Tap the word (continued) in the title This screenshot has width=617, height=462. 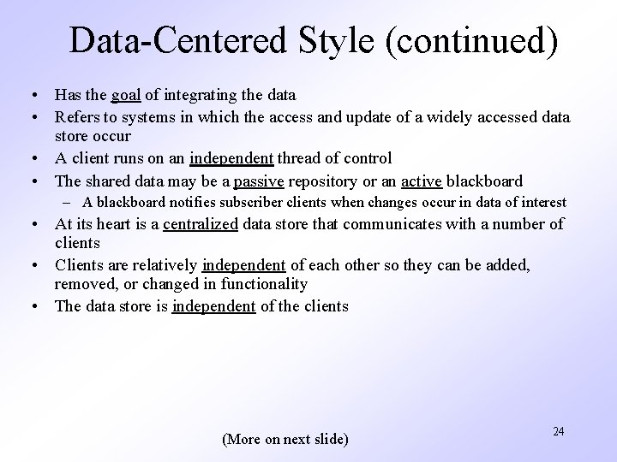tap(472, 41)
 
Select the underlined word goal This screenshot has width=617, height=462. tap(126, 93)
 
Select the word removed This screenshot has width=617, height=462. tap(82, 283)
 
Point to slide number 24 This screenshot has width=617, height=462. tap(558, 431)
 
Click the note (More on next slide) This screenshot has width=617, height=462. tap(285, 440)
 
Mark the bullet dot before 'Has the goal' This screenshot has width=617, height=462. tap(31, 93)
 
